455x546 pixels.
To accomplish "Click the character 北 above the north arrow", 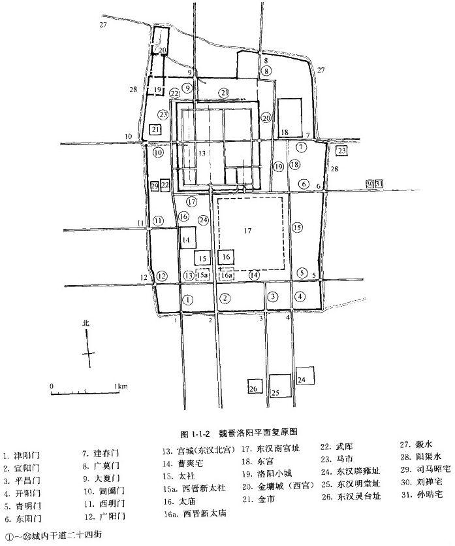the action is [x=84, y=323].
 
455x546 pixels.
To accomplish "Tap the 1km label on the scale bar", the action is [x=121, y=386].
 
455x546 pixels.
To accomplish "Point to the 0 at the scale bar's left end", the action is [x=51, y=386].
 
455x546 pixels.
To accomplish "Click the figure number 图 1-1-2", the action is [x=195, y=432].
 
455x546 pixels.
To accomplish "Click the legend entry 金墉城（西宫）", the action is [x=275, y=486].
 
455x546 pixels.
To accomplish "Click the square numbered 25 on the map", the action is [x=279, y=386].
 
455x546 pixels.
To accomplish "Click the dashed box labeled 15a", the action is [x=203, y=276].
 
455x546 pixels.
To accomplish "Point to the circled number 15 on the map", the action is [x=298, y=228].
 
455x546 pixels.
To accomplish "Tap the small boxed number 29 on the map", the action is [x=154, y=186].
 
